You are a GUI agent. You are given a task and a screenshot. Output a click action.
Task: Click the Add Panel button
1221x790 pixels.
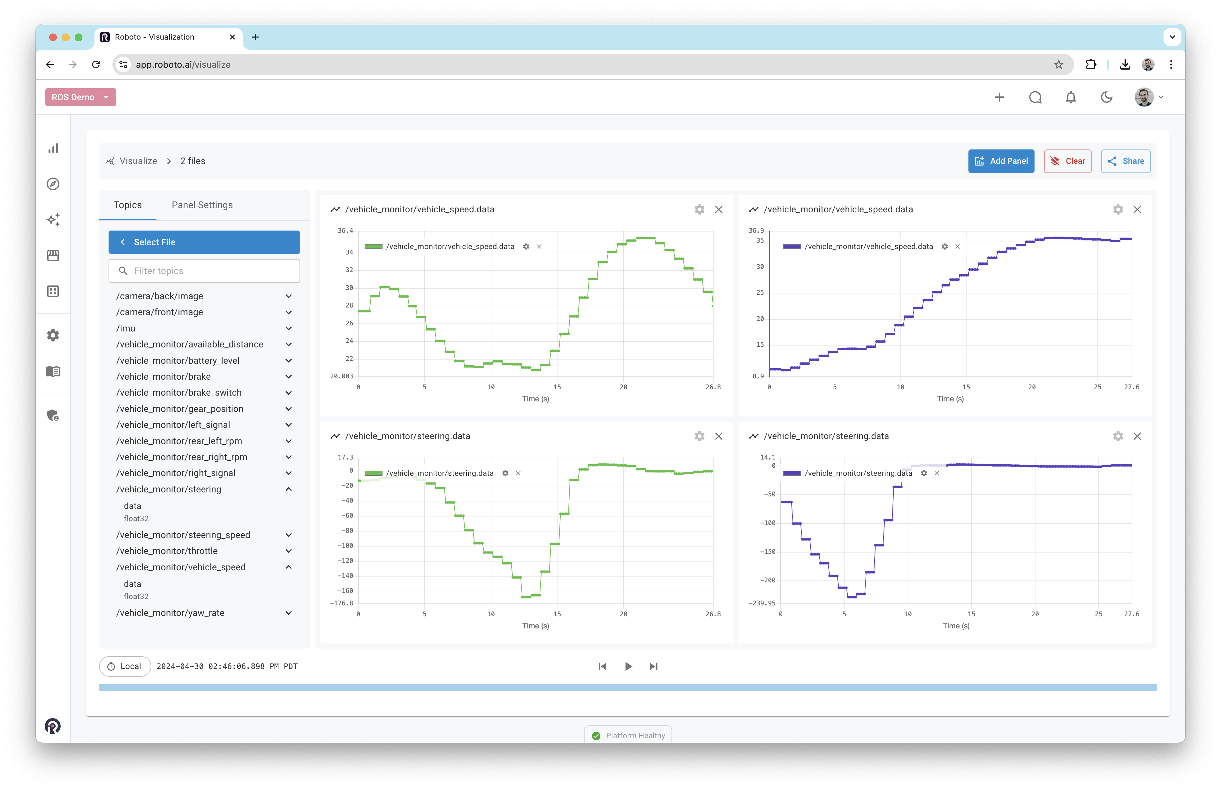coord(1001,161)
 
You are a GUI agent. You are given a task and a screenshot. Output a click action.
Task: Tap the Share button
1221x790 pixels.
coord(1126,161)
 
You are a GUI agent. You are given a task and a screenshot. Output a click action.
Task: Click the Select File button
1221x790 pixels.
coord(204,242)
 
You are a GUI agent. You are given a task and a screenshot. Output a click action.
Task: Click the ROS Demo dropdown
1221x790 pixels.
coord(80,97)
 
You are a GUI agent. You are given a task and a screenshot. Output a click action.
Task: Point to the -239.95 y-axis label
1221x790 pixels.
coord(762,603)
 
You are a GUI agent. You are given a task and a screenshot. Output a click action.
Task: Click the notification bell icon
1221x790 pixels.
coord(1071,97)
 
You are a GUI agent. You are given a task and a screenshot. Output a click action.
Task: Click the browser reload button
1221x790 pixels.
coord(96,65)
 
